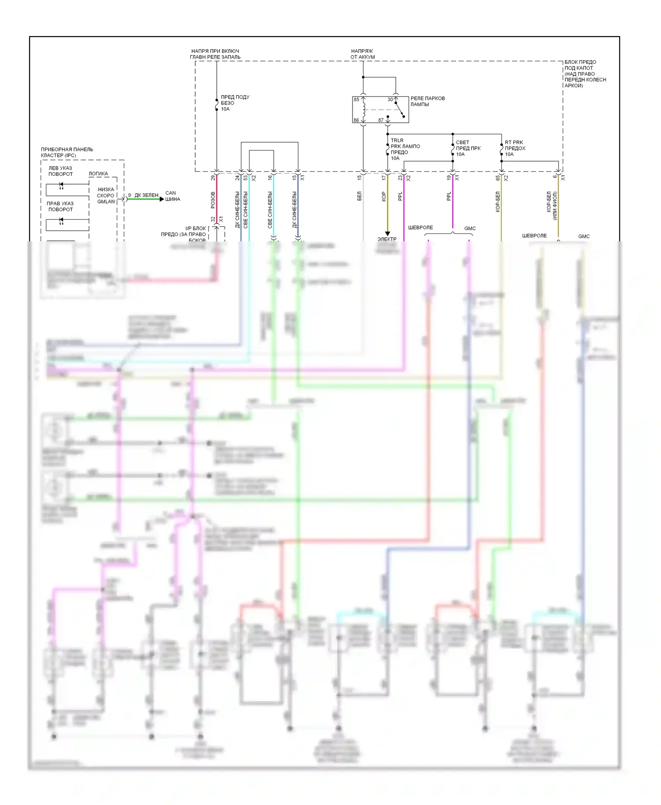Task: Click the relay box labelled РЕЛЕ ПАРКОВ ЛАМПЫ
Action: coord(380,110)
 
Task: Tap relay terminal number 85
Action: coord(356,100)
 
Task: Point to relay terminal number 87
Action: coord(381,120)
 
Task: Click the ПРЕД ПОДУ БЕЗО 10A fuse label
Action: coord(234,103)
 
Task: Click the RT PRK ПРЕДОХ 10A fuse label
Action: coord(515,148)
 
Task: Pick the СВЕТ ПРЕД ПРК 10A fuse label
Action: coord(468,148)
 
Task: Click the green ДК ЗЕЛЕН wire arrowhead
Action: coord(161,199)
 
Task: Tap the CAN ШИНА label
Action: coord(172,196)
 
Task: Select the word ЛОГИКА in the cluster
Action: coord(98,174)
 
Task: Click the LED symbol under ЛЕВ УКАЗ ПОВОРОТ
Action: coord(61,186)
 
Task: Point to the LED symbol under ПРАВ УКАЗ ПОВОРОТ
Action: coord(61,222)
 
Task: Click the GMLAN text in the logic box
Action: coord(106,202)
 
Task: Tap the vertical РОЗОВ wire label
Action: coord(213,200)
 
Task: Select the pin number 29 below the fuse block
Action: coord(213,177)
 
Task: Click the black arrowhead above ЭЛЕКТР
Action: coord(387,233)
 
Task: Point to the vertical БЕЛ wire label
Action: coord(359,196)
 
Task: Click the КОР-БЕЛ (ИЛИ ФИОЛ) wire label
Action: coord(552,205)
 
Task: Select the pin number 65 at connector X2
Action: coord(498,177)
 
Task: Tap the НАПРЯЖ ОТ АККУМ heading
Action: coord(363,54)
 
